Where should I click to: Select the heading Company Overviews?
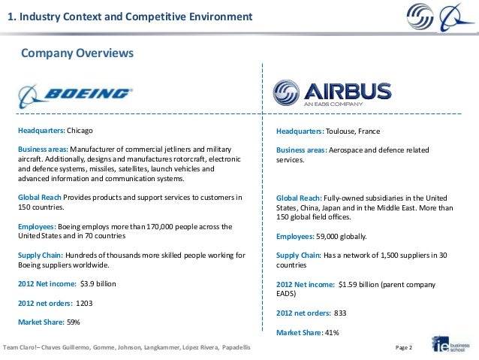pos(77,54)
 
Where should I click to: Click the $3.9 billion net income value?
pos(98,284)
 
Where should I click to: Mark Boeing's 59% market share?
pos(74,322)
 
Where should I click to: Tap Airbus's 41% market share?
pos(332,332)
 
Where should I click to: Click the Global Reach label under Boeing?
pos(40,197)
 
